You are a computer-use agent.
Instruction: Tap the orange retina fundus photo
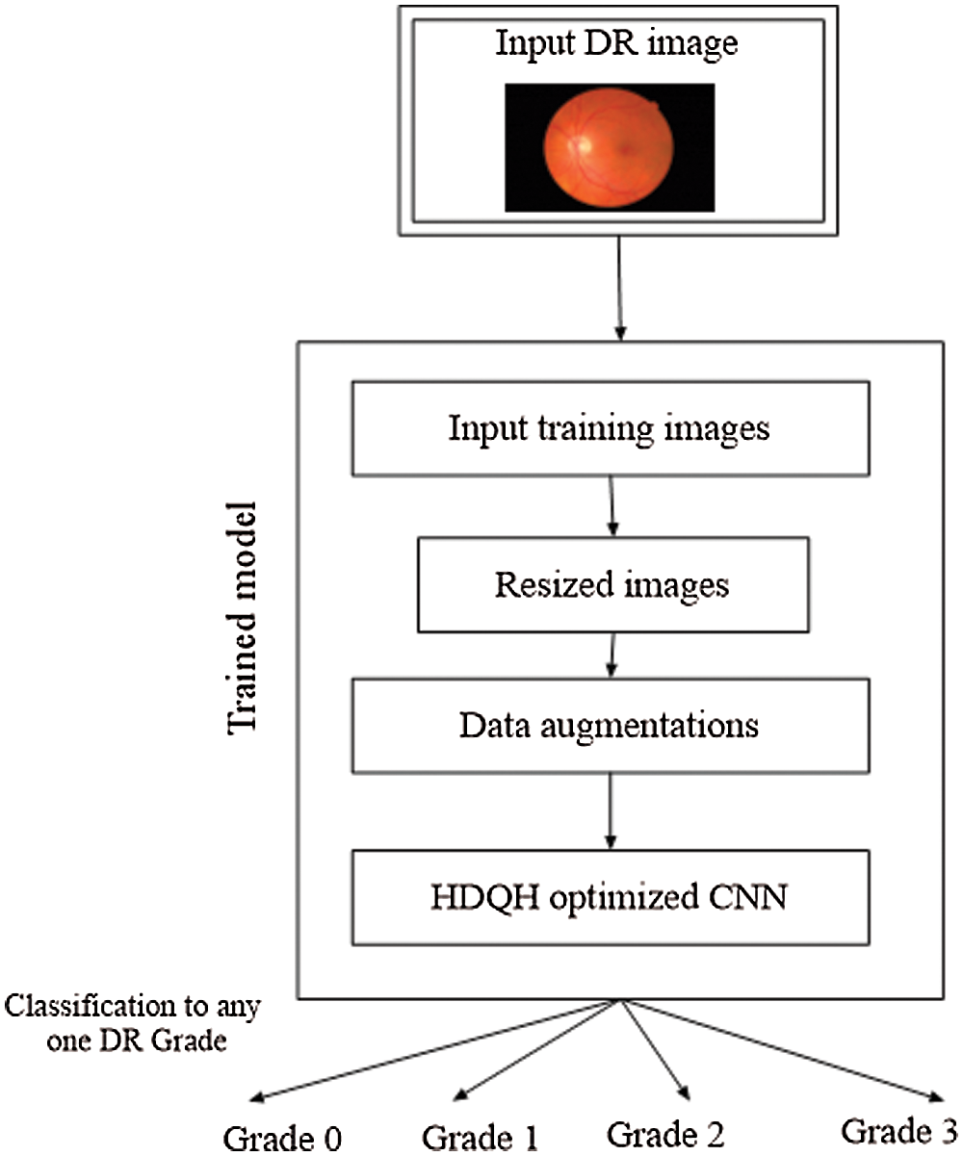(611, 147)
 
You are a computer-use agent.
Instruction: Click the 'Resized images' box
(612, 584)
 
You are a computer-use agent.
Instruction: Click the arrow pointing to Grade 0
(433, 1049)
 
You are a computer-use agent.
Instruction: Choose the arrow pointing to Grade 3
(780, 1049)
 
